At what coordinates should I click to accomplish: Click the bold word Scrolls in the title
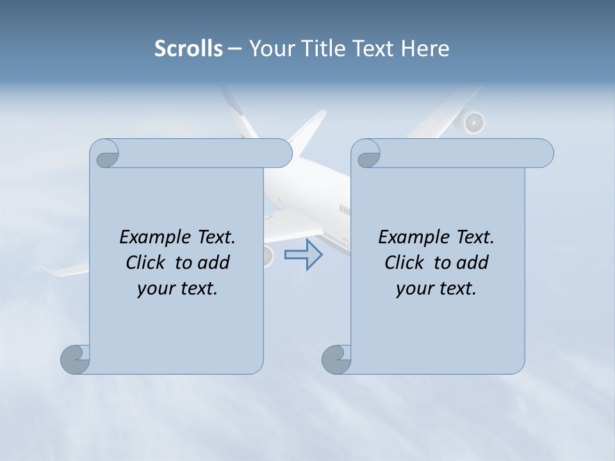click(x=188, y=49)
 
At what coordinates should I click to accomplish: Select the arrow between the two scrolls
click(x=303, y=255)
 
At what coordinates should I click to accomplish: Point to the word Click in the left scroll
click(x=145, y=263)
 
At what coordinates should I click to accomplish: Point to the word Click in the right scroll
click(x=404, y=263)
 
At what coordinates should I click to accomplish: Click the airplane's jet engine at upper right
click(x=473, y=122)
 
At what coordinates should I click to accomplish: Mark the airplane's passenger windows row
click(x=345, y=209)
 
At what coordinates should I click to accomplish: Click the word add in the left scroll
click(x=214, y=263)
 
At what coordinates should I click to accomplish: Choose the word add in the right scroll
click(x=473, y=263)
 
